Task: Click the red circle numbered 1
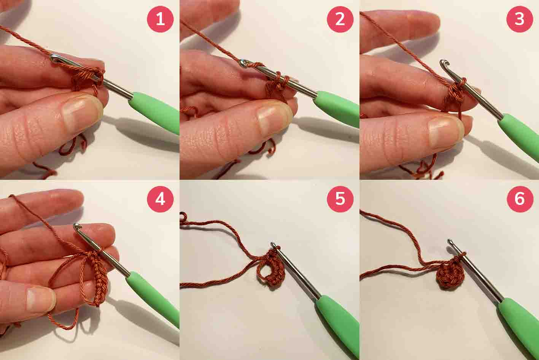(160, 19)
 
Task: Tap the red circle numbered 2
(340, 19)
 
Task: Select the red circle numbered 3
(520, 19)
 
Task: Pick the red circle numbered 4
(160, 199)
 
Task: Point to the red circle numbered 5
(340, 199)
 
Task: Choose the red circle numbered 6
(520, 199)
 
